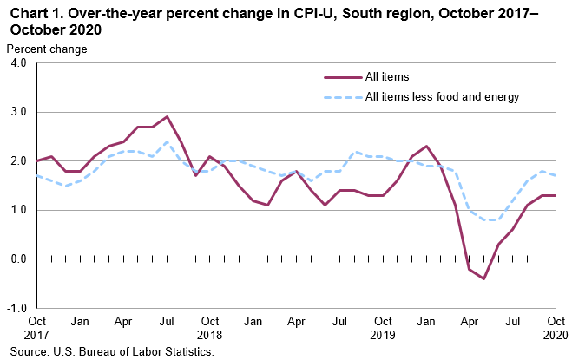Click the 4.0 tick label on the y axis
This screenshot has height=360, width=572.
[x=18, y=63]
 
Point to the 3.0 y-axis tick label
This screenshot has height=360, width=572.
[x=18, y=112]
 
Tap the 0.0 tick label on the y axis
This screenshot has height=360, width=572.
[x=18, y=259]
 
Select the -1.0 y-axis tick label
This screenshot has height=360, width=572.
[x=16, y=308]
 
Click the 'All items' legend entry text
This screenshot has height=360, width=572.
[x=387, y=77]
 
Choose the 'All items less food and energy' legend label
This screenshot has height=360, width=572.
[x=442, y=97]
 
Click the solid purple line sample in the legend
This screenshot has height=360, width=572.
[x=342, y=77]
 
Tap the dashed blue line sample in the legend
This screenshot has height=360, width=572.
[x=342, y=97]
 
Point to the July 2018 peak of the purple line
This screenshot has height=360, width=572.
[x=167, y=116]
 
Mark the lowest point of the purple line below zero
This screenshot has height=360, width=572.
[x=483, y=278]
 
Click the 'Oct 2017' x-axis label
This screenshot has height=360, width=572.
[x=37, y=327]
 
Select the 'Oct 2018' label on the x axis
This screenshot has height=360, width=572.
[x=210, y=327]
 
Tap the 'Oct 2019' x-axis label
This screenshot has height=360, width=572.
[x=383, y=327]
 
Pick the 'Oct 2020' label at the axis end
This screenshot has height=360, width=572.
[x=556, y=327]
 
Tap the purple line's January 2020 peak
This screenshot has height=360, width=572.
[x=426, y=146]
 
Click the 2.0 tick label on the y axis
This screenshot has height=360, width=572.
[x=18, y=161]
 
